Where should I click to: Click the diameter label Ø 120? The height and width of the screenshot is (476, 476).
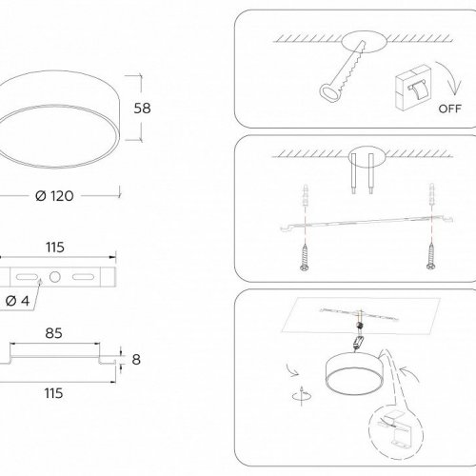coord(54,195)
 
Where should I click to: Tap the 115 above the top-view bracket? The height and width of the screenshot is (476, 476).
coord(55,248)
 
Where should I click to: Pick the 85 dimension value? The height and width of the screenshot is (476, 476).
coord(54,334)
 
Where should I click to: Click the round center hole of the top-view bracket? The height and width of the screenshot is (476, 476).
coord(55,277)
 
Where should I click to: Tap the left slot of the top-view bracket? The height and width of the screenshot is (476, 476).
coord(30,277)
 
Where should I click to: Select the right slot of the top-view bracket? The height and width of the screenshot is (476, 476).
coord(82,277)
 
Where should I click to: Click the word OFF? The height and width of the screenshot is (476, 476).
coord(450,108)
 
